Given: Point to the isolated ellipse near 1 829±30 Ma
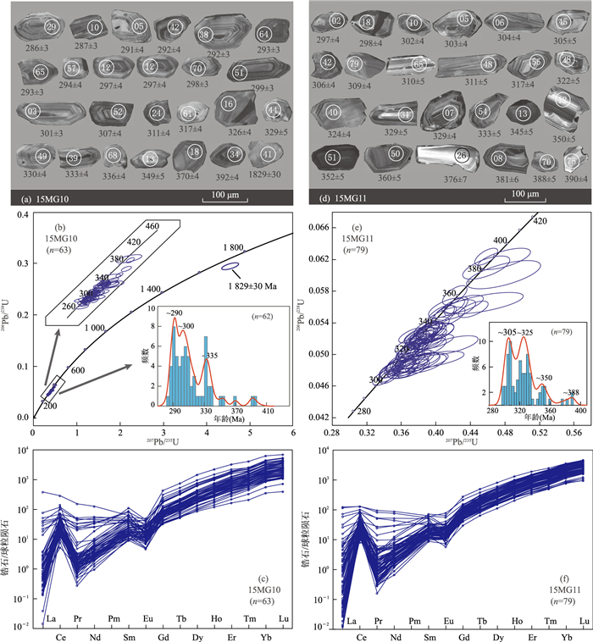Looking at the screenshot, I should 230,267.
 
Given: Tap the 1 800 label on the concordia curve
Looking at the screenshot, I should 234,247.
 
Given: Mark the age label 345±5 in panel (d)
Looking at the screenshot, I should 522,133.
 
